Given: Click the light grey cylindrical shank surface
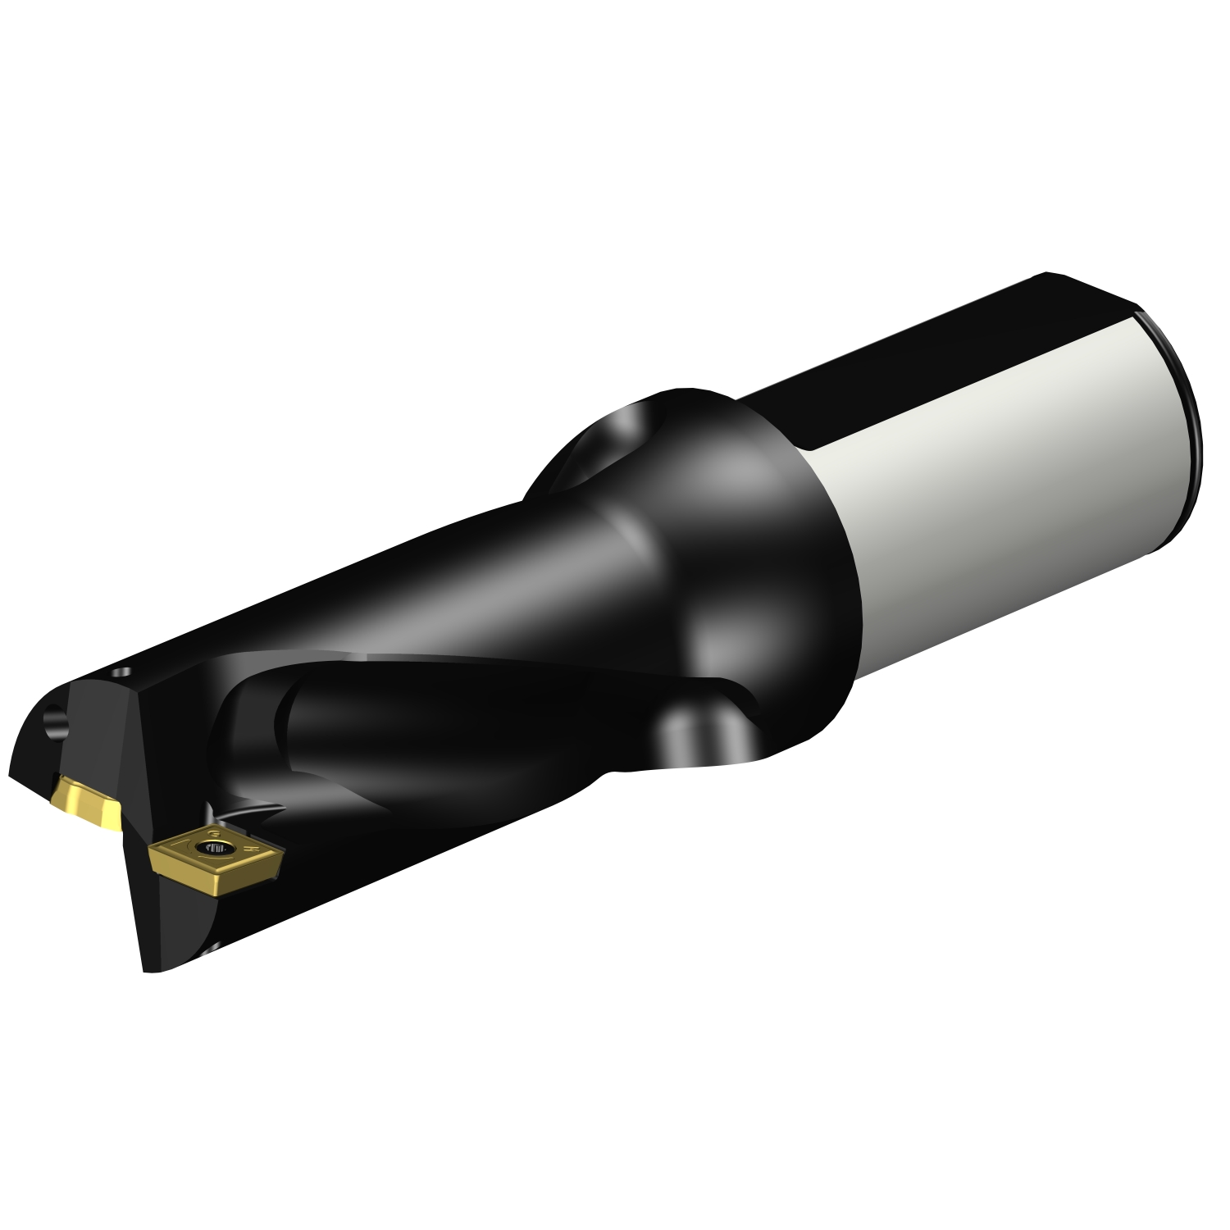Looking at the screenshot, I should [1000, 476].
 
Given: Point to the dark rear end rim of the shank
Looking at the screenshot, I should [1185, 426].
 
